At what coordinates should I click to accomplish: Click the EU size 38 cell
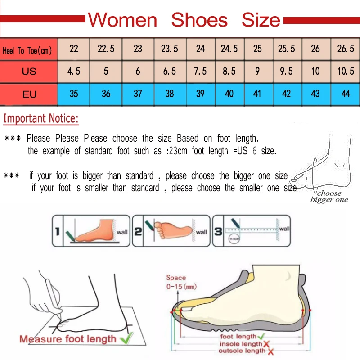(x=170, y=94)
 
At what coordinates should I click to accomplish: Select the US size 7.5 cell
(x=200, y=71)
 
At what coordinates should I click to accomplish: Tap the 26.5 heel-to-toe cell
(x=346, y=49)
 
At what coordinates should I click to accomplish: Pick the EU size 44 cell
(x=346, y=94)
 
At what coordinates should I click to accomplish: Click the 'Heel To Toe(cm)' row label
(x=28, y=50)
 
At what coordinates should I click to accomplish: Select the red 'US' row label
(x=29, y=71)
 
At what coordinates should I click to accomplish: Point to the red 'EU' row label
(x=29, y=94)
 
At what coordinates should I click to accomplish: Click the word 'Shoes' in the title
(x=199, y=20)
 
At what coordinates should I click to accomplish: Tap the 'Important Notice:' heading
(x=41, y=119)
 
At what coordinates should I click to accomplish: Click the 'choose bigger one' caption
(x=329, y=197)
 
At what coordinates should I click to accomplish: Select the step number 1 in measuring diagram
(x=57, y=232)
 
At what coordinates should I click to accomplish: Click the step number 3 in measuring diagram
(x=218, y=232)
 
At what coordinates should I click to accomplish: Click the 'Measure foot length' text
(x=67, y=338)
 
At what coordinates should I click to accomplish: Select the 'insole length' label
(x=240, y=344)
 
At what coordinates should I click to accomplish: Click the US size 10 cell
(x=315, y=71)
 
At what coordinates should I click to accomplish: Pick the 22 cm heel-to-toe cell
(x=74, y=49)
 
